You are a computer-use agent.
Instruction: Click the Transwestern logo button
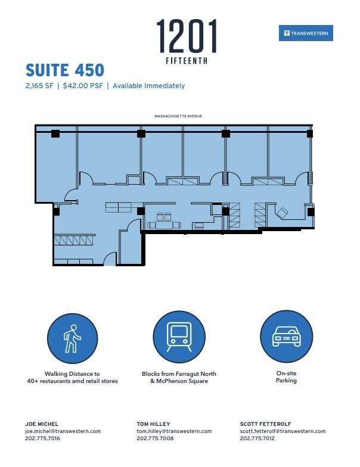coord(306,33)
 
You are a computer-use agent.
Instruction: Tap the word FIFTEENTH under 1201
coord(187,60)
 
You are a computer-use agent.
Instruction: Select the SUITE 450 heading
coord(64,70)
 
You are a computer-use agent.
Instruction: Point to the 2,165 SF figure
coord(39,86)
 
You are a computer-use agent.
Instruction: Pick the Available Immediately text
coord(148,86)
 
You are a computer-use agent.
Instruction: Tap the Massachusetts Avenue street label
coord(179,116)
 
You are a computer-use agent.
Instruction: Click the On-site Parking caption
coord(286,377)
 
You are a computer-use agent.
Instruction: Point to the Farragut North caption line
coord(179,373)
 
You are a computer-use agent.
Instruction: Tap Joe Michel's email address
coord(63,431)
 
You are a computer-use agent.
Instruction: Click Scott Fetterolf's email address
coord(283,431)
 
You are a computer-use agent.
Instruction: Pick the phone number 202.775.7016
coord(42,438)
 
